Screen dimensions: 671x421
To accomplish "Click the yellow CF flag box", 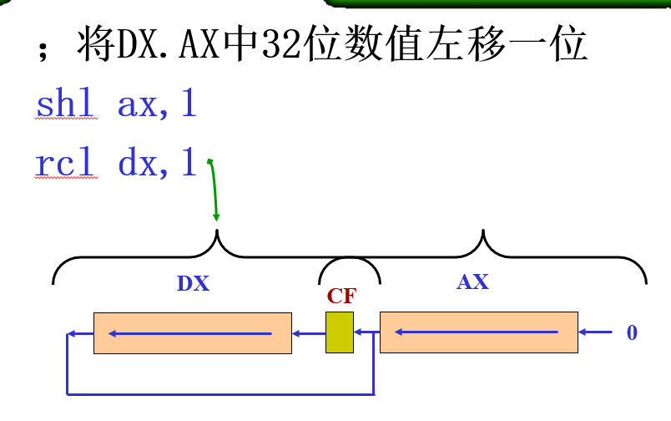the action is point(340,332).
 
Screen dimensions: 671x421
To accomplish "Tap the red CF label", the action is point(341,296).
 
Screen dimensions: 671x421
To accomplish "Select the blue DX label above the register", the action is point(193,283).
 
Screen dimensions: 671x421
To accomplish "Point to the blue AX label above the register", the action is point(472,282).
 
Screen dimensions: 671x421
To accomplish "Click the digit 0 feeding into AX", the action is point(632,332).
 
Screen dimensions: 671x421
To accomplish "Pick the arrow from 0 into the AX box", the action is point(595,332).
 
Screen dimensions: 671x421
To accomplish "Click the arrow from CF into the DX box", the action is point(309,333).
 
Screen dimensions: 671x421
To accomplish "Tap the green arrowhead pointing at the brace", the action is point(216,216).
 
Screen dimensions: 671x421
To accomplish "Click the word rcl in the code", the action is point(64,162).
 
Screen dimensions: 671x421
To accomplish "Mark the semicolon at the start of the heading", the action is point(43,52).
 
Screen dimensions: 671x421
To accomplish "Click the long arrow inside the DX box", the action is point(190,333).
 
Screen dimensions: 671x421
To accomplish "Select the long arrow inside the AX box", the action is point(477,332).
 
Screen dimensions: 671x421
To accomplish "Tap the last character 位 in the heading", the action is point(568,43).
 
